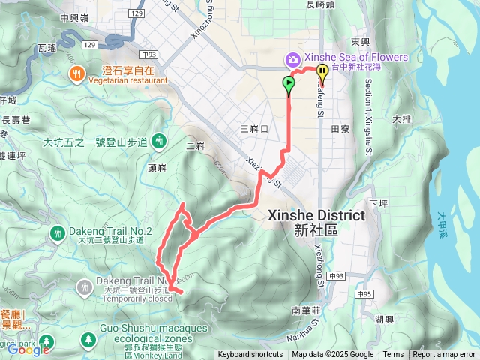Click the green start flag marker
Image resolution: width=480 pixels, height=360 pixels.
point(289,85)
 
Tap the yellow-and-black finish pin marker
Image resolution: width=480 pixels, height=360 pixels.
point(322,73)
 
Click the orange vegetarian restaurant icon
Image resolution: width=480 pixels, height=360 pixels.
point(76,73)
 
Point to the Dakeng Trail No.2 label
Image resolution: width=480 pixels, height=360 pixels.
point(111,231)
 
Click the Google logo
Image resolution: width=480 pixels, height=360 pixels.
point(28,349)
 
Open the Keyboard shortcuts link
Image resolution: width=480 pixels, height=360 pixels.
point(250,355)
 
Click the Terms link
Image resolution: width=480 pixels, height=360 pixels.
point(393,355)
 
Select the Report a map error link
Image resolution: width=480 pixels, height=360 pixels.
point(444,355)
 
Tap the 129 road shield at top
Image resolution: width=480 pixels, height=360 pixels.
point(136,13)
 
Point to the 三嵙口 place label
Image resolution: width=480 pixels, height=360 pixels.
point(254,129)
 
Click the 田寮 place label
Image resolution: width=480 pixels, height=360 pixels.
point(340,129)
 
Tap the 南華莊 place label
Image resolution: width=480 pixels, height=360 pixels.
point(306,310)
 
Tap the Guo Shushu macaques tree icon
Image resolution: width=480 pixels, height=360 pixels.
point(88,340)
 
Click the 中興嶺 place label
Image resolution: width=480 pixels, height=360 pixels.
point(74,18)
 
